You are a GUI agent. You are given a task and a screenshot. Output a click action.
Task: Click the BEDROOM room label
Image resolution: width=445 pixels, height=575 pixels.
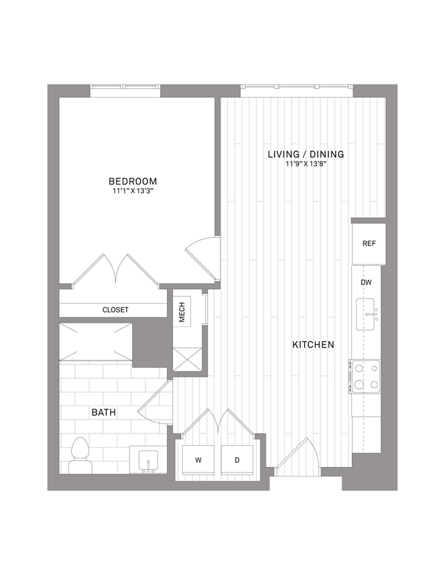click(x=133, y=181)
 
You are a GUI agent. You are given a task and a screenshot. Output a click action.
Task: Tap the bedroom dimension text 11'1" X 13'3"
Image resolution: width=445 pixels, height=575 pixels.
click(x=133, y=191)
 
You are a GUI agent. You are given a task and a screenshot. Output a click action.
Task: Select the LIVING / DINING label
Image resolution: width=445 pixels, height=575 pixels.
click(x=305, y=155)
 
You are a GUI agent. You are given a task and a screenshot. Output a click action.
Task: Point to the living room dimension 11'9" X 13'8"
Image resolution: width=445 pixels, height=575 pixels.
click(x=305, y=164)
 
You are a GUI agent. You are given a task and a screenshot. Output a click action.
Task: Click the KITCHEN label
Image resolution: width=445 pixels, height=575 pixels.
click(x=313, y=345)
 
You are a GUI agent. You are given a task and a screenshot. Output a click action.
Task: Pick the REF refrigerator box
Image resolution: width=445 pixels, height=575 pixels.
click(x=369, y=243)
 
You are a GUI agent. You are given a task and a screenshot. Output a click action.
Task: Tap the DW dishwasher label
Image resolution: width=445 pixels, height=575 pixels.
click(x=366, y=281)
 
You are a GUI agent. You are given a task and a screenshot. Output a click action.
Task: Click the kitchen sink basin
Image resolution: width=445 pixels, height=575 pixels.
click(x=366, y=315)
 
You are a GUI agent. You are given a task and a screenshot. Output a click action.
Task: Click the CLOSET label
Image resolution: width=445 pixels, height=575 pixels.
click(x=115, y=310)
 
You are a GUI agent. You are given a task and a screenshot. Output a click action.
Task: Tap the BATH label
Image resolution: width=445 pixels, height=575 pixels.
click(x=104, y=413)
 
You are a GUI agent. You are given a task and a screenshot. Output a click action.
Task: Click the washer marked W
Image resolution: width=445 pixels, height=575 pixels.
click(x=199, y=460)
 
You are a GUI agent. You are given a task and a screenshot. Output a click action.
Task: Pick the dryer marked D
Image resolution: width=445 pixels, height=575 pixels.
click(x=238, y=460)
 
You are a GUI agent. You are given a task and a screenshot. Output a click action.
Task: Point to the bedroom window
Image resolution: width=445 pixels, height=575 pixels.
click(x=126, y=90)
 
